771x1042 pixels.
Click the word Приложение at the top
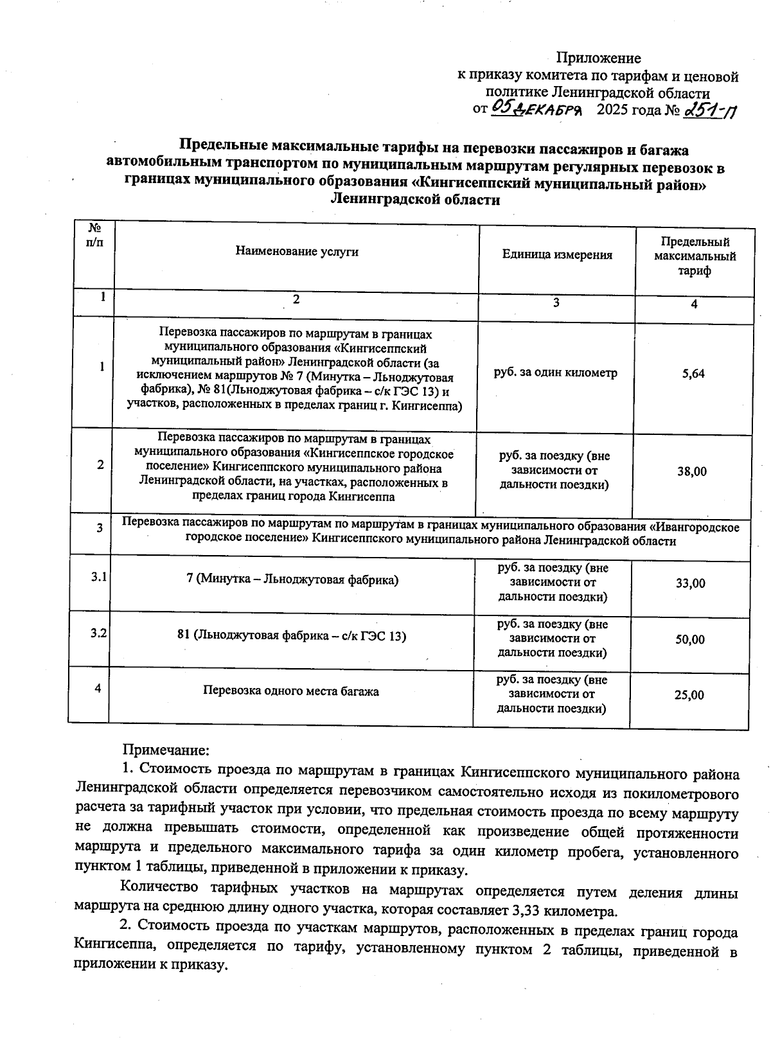click(598, 58)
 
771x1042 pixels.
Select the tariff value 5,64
click(693, 373)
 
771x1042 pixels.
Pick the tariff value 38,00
click(691, 472)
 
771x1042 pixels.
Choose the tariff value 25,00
click(689, 695)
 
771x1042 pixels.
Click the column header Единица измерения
click(557, 255)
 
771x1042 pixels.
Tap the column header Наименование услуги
click(296, 252)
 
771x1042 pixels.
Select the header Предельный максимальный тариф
click(695, 256)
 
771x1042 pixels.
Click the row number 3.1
click(98, 577)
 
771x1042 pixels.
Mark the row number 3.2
click(98, 633)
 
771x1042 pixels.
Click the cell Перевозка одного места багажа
click(290, 691)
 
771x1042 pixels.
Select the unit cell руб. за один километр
click(555, 373)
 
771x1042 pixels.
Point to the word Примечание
click(166, 750)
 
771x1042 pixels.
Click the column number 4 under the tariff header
click(694, 305)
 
